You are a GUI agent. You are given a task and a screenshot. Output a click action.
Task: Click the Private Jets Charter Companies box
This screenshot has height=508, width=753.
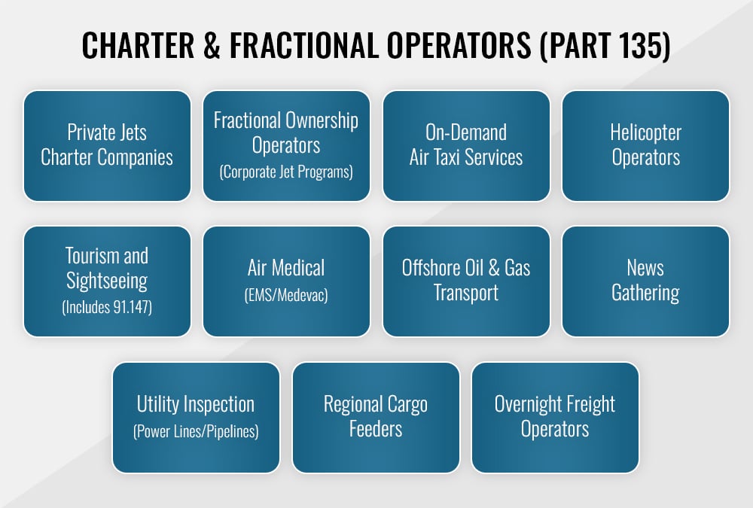pos(107,146)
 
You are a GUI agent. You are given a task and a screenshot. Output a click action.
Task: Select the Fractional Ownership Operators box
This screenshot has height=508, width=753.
pos(286,146)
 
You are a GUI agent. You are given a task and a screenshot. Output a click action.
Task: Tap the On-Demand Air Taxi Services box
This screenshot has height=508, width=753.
pos(466,146)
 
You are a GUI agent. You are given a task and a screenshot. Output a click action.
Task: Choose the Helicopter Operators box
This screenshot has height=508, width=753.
pos(645,146)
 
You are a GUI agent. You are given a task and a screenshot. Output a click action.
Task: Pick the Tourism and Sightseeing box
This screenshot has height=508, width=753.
pos(107,281)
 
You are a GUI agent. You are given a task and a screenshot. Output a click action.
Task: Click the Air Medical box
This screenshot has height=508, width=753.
pos(286,281)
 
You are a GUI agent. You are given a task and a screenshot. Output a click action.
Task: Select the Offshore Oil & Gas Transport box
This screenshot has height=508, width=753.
pos(466,281)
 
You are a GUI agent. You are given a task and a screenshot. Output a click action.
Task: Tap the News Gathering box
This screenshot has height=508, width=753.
pos(645,281)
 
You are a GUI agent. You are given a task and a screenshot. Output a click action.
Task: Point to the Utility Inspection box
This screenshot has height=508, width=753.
pos(196,417)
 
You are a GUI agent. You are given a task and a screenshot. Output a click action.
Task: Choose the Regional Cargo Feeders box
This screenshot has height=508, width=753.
pos(376,417)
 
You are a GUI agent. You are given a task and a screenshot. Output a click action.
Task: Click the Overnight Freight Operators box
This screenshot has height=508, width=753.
pos(555,417)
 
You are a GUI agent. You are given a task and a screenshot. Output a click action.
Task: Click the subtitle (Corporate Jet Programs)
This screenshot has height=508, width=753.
pos(286,172)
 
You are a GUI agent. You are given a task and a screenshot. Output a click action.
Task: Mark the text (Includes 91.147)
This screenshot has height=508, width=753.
pos(107,308)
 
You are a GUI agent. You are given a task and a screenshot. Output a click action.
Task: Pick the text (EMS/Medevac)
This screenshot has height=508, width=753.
pos(286,295)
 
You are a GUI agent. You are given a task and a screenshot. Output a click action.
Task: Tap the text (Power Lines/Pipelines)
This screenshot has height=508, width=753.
pos(196,432)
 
